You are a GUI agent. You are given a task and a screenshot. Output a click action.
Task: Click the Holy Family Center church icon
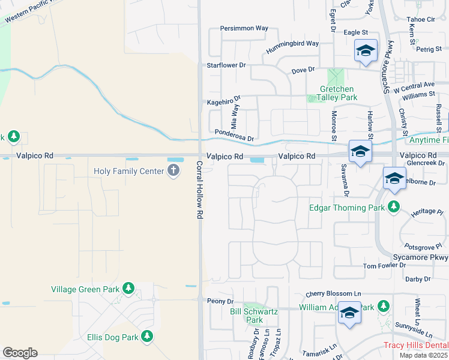[173, 171]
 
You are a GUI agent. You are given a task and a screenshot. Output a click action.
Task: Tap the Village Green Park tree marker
[128, 289]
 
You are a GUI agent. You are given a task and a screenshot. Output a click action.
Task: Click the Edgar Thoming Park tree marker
[394, 208]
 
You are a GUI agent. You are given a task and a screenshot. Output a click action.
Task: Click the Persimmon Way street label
[244, 28]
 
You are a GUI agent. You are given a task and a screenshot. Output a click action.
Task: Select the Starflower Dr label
[226, 65]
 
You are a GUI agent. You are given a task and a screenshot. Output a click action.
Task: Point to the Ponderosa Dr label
[234, 136]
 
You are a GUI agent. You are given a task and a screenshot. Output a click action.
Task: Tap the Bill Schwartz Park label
[255, 316]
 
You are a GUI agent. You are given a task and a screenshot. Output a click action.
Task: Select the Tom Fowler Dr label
[385, 266]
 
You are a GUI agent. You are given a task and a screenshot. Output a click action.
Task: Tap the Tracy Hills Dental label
[416, 345]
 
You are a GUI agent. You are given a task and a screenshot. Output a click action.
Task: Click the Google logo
[20, 353]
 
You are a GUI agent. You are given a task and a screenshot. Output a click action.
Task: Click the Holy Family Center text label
[128, 172]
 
